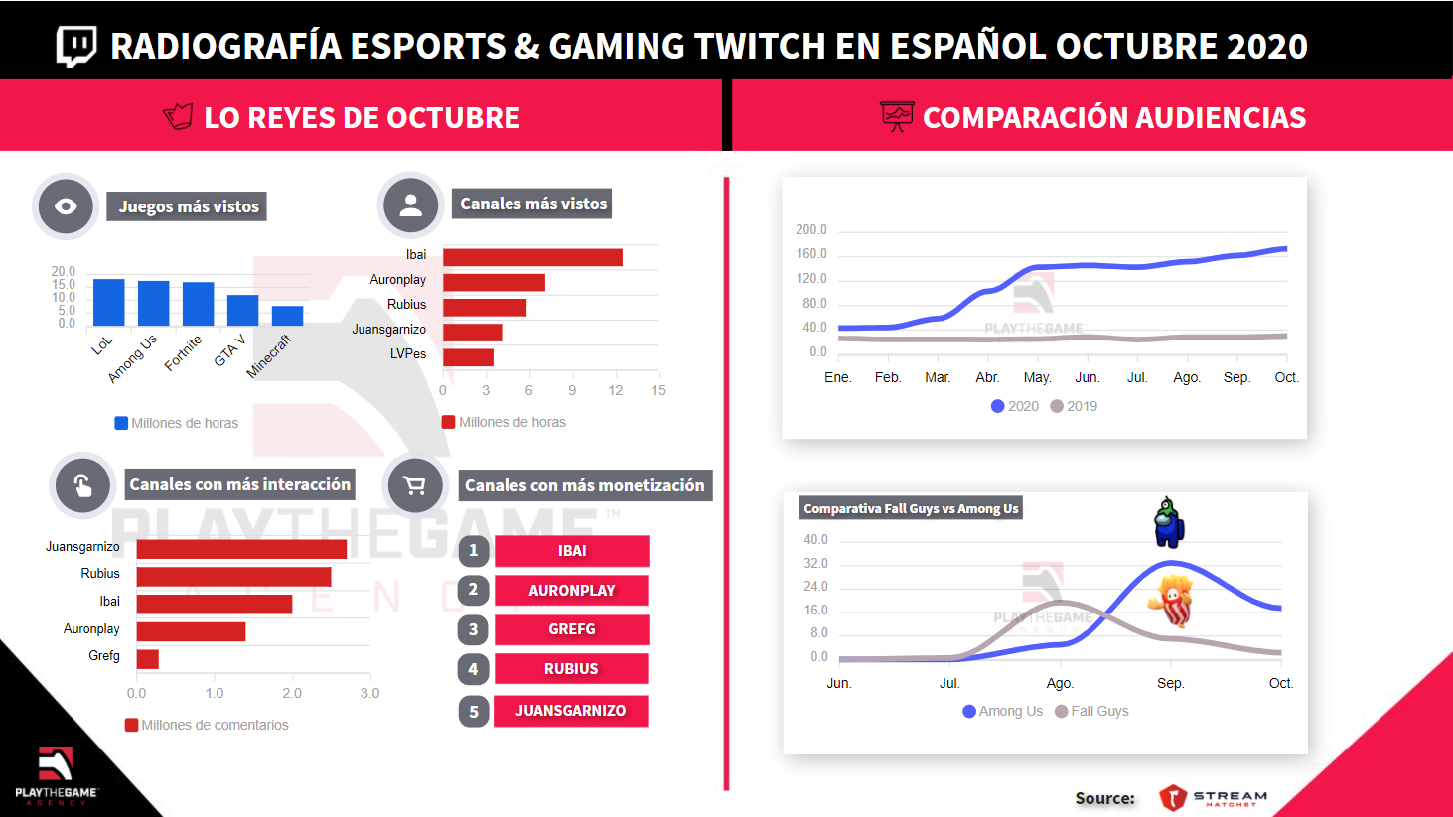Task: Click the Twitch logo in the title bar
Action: point(76,46)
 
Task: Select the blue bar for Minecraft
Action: point(287,316)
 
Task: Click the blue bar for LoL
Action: point(108,302)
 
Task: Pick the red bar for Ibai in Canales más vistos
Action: point(532,257)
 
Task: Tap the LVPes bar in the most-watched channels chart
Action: point(468,357)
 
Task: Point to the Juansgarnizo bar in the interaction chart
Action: point(241,549)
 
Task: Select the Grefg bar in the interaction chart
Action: point(148,659)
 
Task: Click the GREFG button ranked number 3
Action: point(571,629)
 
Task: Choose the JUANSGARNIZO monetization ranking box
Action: point(571,711)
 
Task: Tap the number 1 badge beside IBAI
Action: point(474,550)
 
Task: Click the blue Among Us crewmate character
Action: point(1168,523)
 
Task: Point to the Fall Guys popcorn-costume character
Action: point(1172,601)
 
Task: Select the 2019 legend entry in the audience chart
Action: point(1074,406)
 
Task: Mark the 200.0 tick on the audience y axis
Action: point(810,229)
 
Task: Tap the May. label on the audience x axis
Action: point(1037,377)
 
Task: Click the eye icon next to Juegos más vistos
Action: point(66,206)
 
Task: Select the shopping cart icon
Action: point(414,485)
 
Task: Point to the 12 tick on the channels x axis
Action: point(615,390)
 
